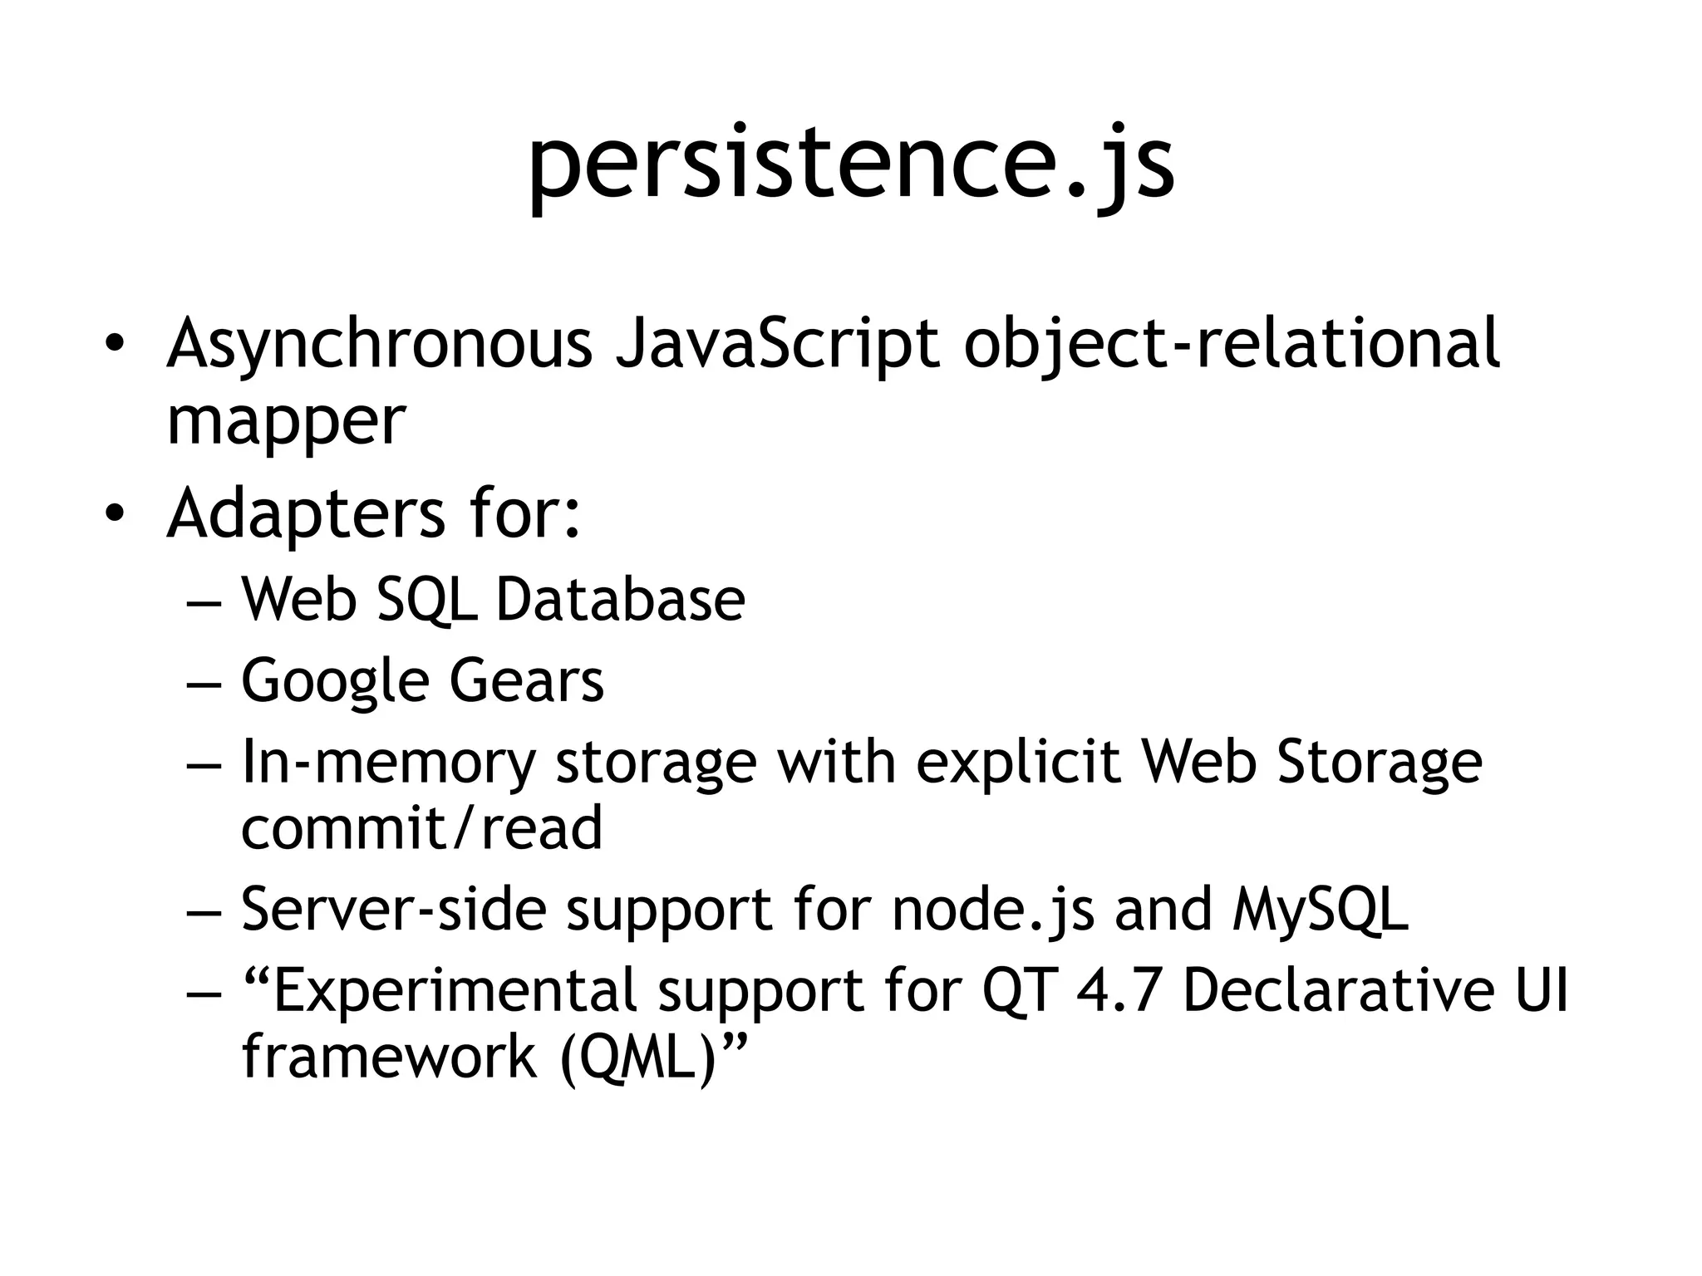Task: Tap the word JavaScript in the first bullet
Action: (x=777, y=343)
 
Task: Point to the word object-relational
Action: (x=1232, y=343)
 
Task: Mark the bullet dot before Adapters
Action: (x=114, y=514)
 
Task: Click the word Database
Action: (x=620, y=599)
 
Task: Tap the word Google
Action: (x=334, y=681)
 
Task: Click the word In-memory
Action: (x=387, y=763)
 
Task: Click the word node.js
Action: (x=992, y=909)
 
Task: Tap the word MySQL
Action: (x=1321, y=909)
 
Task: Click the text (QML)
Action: (x=637, y=1057)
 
